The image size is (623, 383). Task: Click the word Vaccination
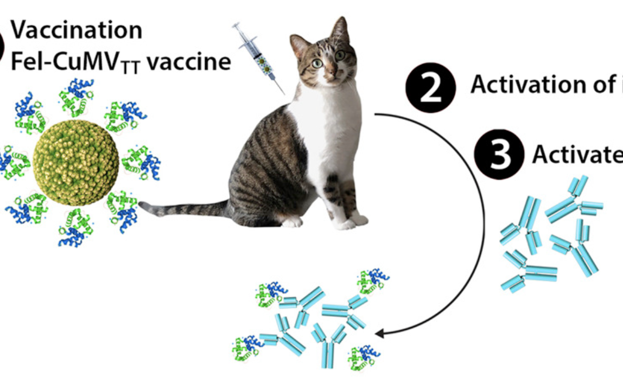pyautogui.click(x=77, y=30)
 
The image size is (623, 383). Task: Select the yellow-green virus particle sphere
pyautogui.click(x=76, y=162)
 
